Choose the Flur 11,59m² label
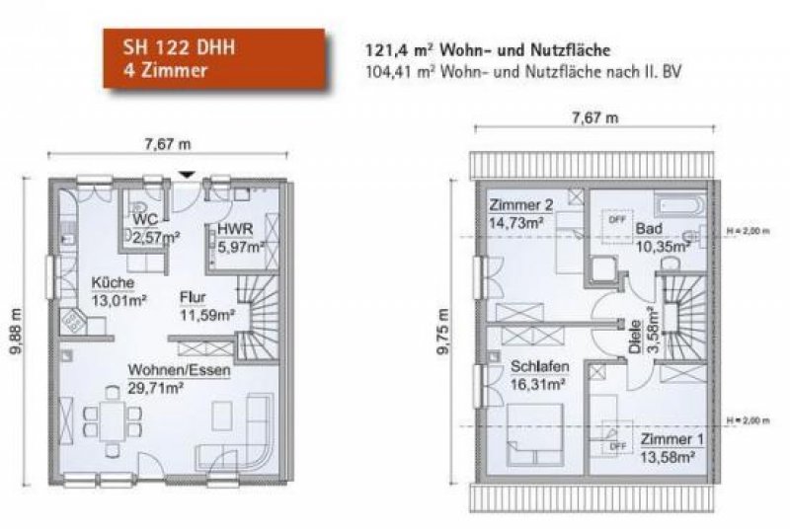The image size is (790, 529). coord(205,305)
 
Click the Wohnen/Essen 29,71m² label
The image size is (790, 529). coord(179,378)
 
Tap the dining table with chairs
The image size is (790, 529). coord(113,420)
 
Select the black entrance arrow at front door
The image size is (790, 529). coord(185,176)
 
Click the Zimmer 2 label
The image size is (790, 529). coord(520,205)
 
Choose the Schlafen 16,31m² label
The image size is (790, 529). coord(539,374)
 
